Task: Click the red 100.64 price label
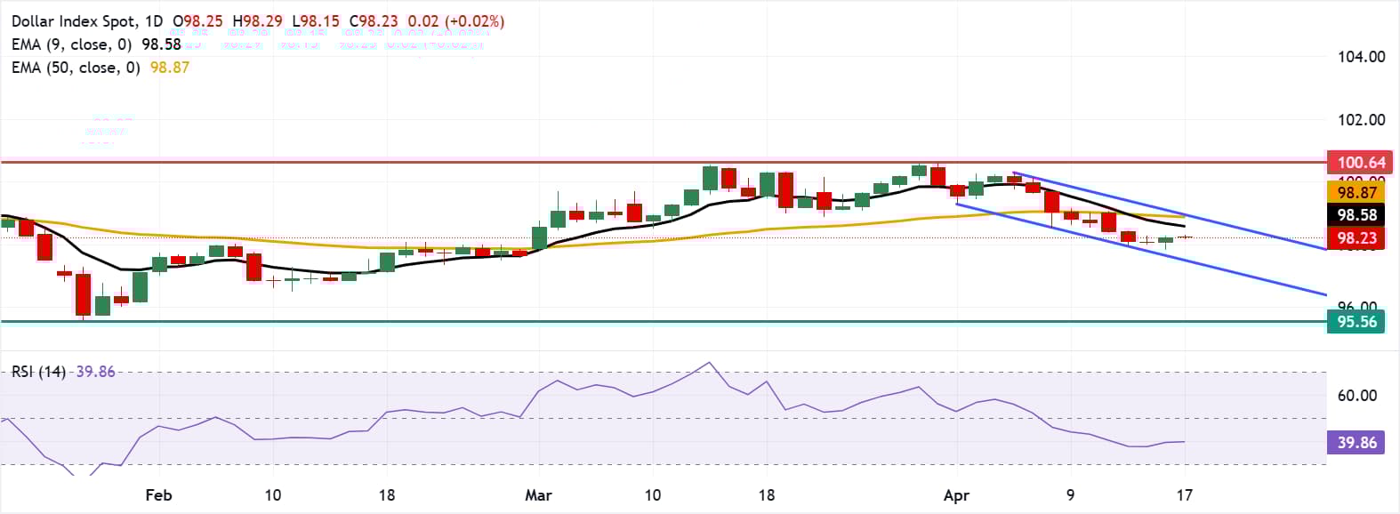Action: click(x=1361, y=162)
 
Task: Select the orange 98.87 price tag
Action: click(x=1356, y=192)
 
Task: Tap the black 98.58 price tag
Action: click(x=1356, y=215)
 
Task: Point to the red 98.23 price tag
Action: click(x=1356, y=237)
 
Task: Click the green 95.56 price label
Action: click(x=1356, y=322)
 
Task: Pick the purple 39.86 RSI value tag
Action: click(x=1356, y=442)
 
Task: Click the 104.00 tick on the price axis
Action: click(x=1361, y=57)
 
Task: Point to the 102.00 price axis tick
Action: click(x=1361, y=120)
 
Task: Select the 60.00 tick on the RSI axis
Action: click(x=1356, y=396)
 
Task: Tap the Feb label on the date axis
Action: click(x=157, y=495)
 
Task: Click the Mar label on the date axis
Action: click(x=538, y=495)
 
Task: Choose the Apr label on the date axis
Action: click(x=956, y=495)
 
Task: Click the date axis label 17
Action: click(x=1184, y=495)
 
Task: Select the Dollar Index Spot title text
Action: click(x=75, y=20)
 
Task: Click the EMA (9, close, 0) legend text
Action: click(x=71, y=44)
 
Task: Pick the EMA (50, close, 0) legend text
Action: click(x=76, y=68)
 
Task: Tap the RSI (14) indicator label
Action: click(x=38, y=372)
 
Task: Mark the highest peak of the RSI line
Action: click(x=708, y=363)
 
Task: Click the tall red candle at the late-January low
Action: click(x=83, y=294)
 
